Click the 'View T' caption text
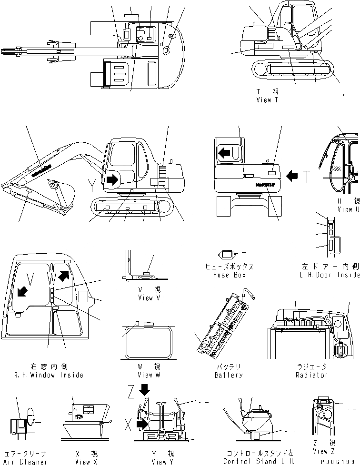pyautogui.click(x=263, y=100)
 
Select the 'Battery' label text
pyautogui.click(x=230, y=375)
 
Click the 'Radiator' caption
pyautogui.click(x=311, y=375)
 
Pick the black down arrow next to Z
pyautogui.click(x=144, y=391)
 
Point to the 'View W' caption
pyautogui.click(x=145, y=375)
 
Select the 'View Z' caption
pyautogui.click(x=320, y=451)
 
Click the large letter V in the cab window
pyautogui.click(x=30, y=277)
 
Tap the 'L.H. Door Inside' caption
pyautogui.click(x=330, y=275)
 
